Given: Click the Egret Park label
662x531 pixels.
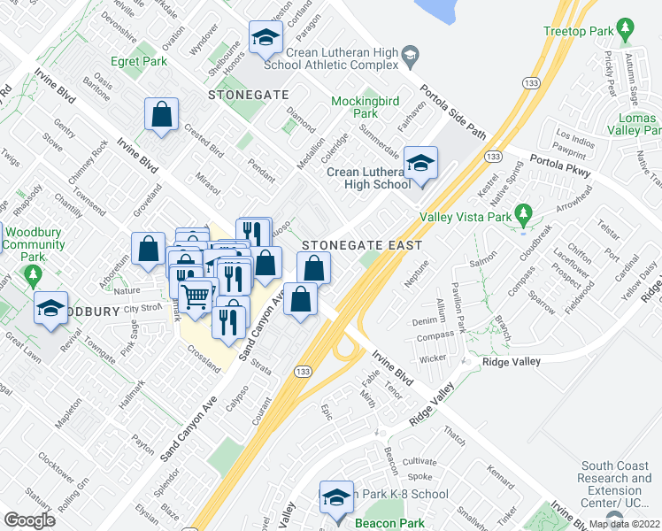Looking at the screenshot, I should click(x=139, y=62).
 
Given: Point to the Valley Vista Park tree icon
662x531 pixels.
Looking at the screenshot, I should click(x=523, y=214).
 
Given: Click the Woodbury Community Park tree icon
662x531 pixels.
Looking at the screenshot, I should click(x=35, y=276).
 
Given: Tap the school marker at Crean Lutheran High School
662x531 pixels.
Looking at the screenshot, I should click(x=420, y=164).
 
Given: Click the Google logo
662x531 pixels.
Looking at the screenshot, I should click(x=29, y=520).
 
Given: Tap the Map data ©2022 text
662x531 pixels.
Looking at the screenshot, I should click(x=624, y=523).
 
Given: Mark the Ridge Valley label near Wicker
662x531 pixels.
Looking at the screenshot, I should click(x=511, y=363).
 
